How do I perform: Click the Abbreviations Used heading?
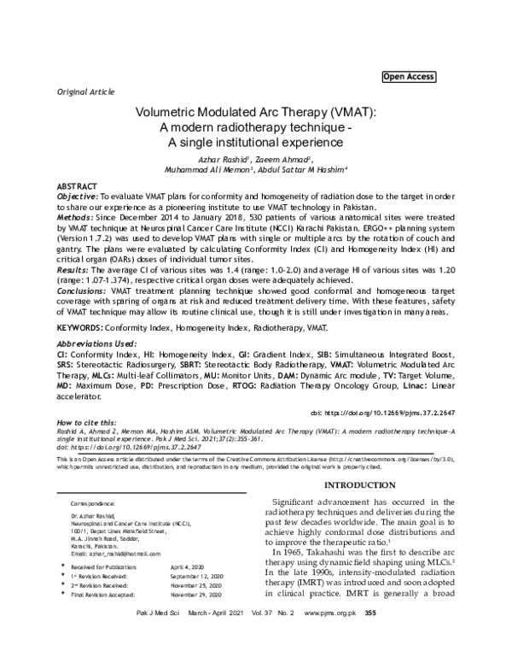tap(98, 341)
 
